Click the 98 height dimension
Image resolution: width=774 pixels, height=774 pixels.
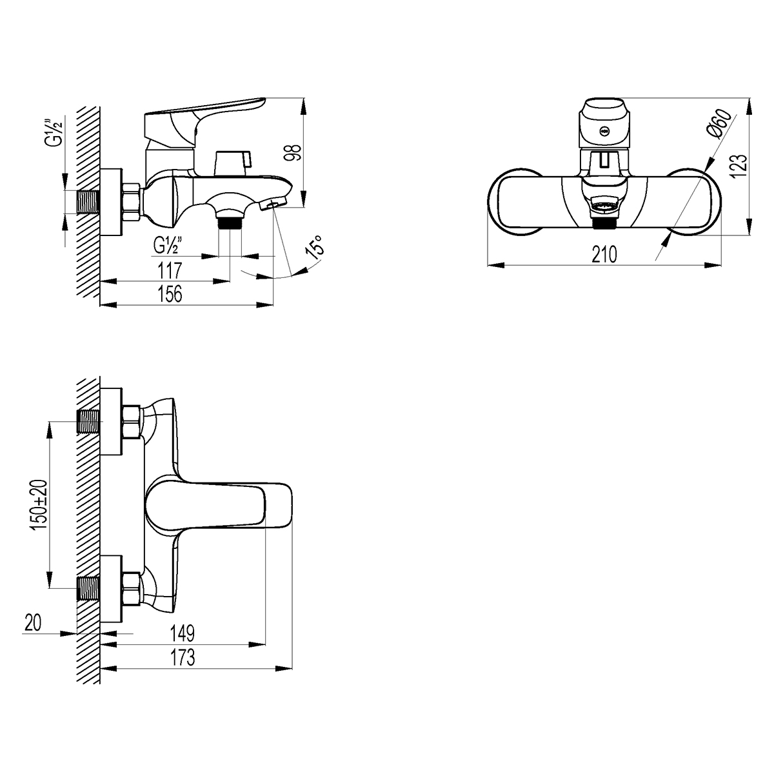(x=294, y=153)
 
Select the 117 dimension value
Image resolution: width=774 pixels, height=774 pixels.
(x=169, y=268)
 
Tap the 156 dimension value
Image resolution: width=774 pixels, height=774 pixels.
(x=169, y=293)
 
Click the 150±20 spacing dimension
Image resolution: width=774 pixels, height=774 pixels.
(x=41, y=505)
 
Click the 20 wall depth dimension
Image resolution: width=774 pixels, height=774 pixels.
(x=34, y=622)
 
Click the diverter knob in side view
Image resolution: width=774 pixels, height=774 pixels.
(x=231, y=162)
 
